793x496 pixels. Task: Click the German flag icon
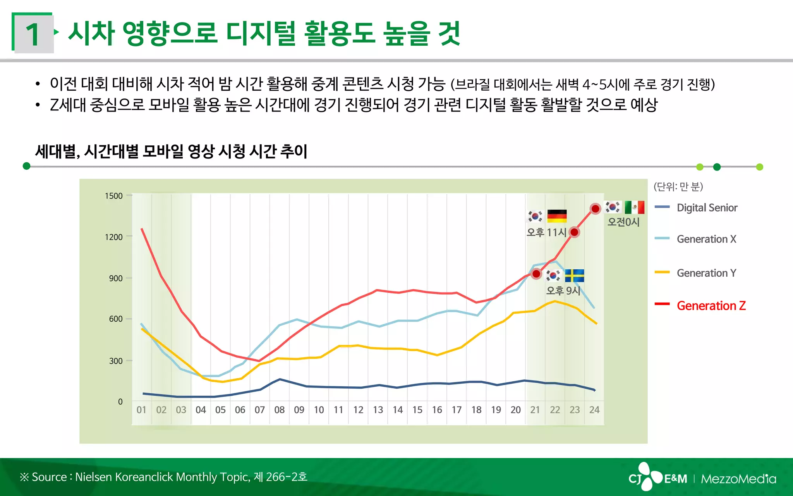point(557,216)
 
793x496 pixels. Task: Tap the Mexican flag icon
point(635,207)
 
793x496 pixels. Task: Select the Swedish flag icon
point(574,276)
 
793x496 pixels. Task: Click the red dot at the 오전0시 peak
point(596,209)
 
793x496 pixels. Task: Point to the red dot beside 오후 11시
point(574,232)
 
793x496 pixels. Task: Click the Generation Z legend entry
point(711,306)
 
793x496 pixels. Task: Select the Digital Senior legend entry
point(707,208)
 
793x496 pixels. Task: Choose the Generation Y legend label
point(706,273)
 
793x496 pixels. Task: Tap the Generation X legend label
point(706,239)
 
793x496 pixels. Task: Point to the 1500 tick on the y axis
point(113,196)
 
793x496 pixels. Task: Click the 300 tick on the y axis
point(115,361)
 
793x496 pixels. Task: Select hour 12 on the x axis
point(358,410)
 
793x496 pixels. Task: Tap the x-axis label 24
point(594,410)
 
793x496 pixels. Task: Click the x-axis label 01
point(141,410)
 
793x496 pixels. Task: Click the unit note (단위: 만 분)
point(678,187)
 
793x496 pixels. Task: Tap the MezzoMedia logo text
point(738,479)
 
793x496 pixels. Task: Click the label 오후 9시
point(563,291)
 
